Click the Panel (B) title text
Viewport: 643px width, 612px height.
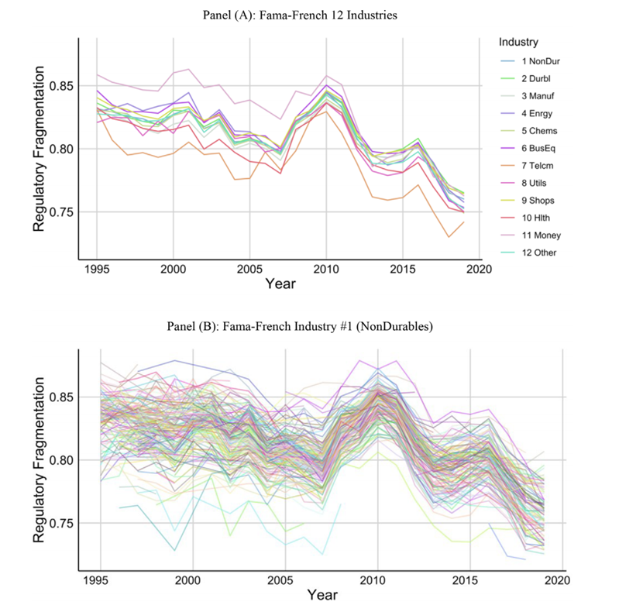(x=321, y=325)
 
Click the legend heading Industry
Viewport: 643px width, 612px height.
(x=518, y=41)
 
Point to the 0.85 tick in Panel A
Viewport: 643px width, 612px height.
(x=65, y=85)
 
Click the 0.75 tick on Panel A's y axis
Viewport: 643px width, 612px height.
(x=65, y=212)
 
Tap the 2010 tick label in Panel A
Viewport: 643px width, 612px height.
(x=326, y=269)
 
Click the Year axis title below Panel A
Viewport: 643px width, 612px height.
(x=280, y=284)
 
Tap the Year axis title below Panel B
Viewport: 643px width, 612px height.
(x=321, y=595)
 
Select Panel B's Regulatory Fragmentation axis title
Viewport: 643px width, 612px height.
(x=40, y=460)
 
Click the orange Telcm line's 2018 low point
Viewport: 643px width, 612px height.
(x=449, y=236)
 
